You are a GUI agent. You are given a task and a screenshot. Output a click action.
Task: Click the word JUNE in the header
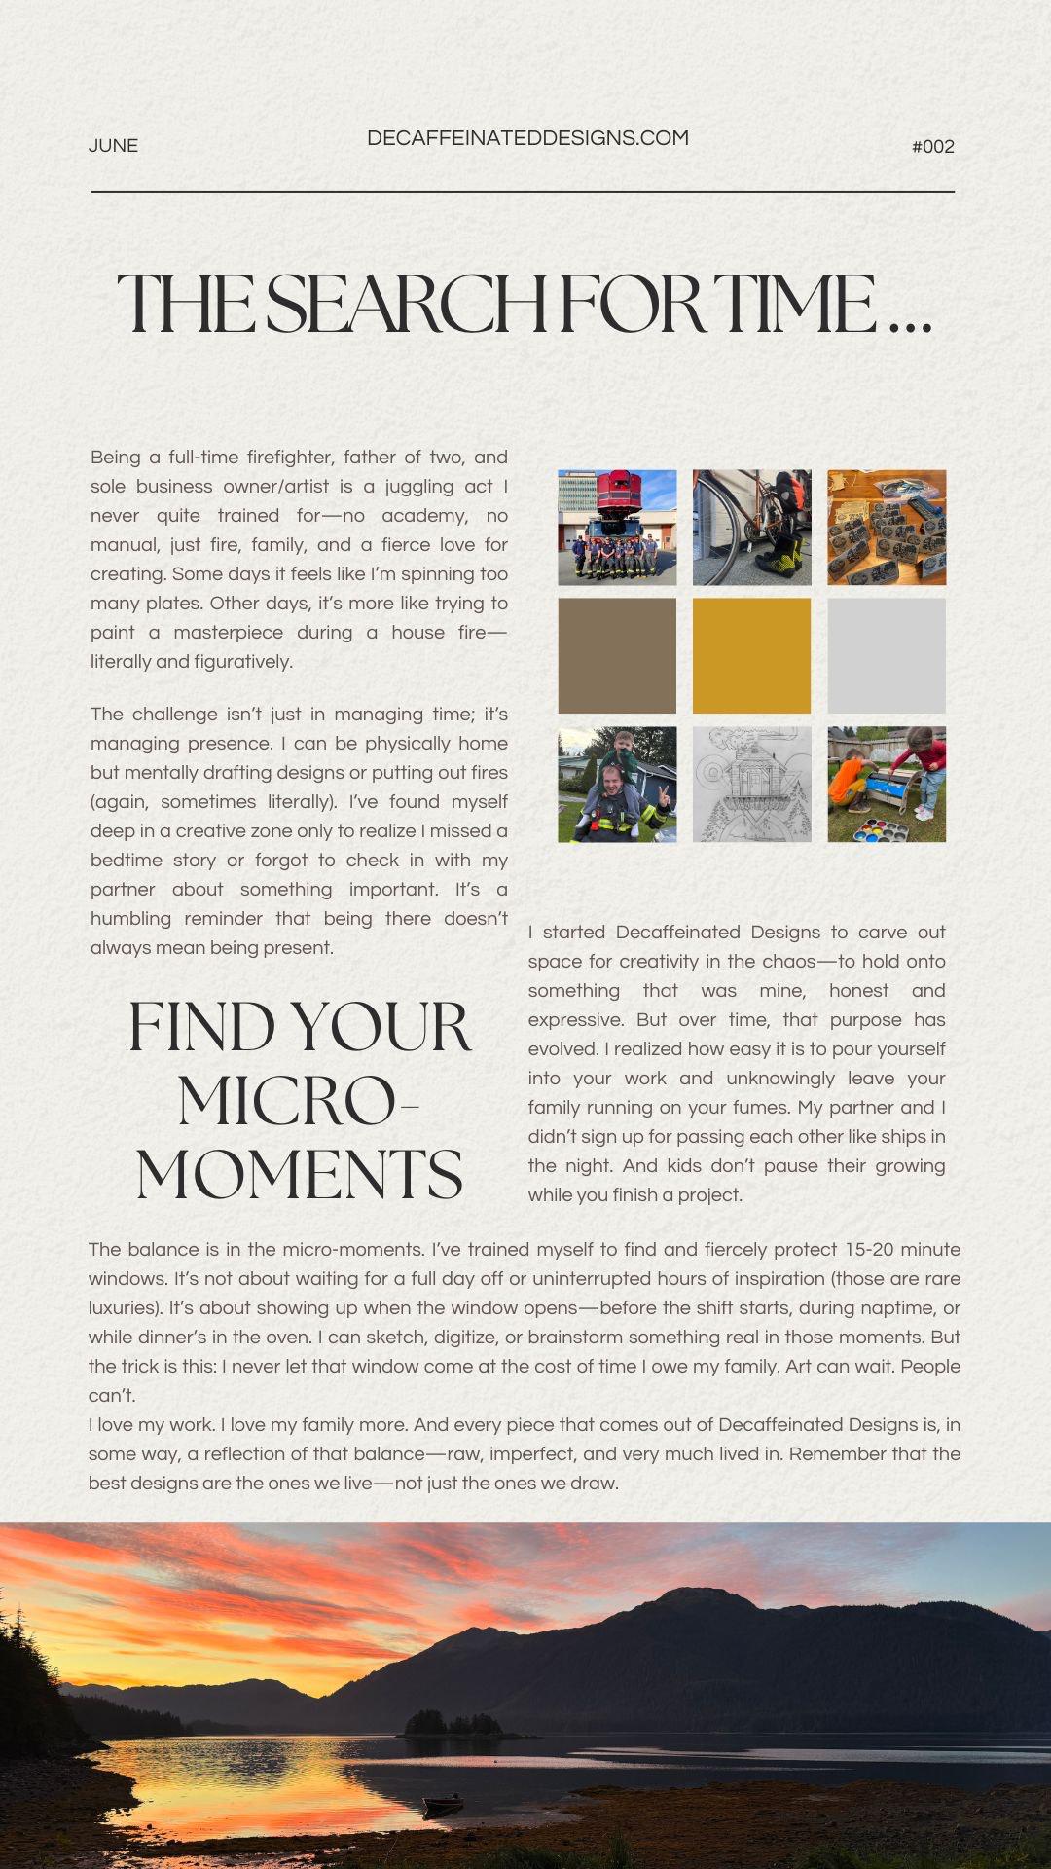pos(113,146)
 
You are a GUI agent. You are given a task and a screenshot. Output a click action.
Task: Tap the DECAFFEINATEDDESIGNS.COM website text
pos(527,138)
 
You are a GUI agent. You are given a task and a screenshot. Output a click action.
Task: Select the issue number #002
pos(932,147)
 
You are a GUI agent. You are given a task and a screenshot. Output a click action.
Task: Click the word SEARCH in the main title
pos(406,304)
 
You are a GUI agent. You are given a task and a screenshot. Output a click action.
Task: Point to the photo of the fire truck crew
pos(617,528)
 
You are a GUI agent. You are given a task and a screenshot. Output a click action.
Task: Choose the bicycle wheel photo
pos(751,528)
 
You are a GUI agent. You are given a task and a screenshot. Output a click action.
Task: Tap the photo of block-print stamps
pos(887,528)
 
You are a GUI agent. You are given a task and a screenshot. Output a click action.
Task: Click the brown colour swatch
pos(617,655)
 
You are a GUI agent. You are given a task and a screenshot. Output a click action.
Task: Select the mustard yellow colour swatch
pos(751,655)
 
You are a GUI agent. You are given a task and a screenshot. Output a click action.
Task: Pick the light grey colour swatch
pos(887,655)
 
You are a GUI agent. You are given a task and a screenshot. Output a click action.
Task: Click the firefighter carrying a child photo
pos(617,785)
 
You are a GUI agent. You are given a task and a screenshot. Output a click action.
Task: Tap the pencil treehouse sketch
pos(751,785)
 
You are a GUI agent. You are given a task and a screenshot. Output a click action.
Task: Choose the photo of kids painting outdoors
pos(887,785)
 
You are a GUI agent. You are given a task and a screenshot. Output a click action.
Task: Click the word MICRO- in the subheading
pos(297,1101)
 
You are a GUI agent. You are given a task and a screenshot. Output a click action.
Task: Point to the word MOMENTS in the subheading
pos(299,1174)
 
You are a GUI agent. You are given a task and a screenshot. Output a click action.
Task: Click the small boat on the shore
pos(443,1806)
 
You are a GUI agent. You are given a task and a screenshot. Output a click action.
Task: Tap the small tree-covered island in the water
pos(453,1724)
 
